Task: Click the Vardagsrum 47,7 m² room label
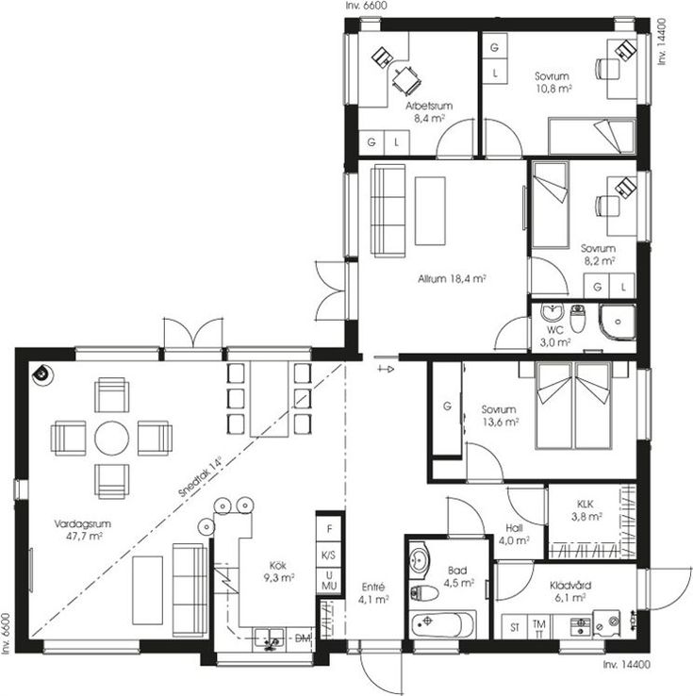click(x=83, y=530)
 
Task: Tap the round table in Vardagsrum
click(x=112, y=438)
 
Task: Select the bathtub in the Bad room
click(x=443, y=624)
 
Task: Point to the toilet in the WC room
click(x=577, y=318)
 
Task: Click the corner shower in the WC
click(x=618, y=323)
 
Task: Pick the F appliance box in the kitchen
click(x=329, y=528)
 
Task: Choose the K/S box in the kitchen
click(x=329, y=555)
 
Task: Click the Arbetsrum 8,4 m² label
click(x=429, y=112)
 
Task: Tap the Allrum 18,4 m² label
click(x=452, y=279)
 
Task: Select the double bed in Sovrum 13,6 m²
click(x=573, y=406)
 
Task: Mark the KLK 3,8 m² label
click(x=586, y=510)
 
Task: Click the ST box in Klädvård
click(x=515, y=627)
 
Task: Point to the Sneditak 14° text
click(x=200, y=476)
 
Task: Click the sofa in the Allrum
click(x=388, y=210)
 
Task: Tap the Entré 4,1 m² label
click(x=373, y=593)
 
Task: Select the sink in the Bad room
click(x=419, y=560)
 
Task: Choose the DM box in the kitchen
click(x=303, y=638)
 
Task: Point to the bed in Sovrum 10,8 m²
click(x=591, y=136)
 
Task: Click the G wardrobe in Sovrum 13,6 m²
click(x=447, y=408)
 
